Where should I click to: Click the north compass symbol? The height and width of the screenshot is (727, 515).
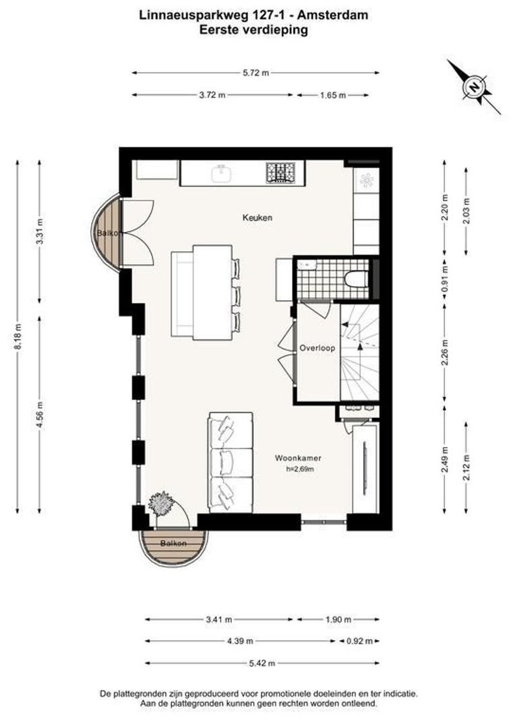coord(474,87)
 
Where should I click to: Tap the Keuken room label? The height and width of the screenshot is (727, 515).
coord(257,217)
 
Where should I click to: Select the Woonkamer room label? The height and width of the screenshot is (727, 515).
coord(298,458)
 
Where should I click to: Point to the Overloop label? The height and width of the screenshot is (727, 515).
coord(317,348)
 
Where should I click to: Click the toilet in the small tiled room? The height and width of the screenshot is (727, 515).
coord(356,279)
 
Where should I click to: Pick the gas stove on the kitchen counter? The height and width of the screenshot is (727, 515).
coord(281,172)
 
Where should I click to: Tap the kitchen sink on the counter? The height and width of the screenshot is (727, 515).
coord(222,174)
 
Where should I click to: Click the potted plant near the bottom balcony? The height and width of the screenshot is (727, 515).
coord(160,504)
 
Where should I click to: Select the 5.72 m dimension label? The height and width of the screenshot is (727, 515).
coord(256,73)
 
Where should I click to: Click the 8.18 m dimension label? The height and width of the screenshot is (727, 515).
coord(18,337)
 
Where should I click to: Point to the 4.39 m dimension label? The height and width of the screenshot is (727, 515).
coord(240,642)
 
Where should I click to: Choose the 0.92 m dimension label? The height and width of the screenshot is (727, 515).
coord(360,642)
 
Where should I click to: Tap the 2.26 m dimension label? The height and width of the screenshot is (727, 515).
coord(445,353)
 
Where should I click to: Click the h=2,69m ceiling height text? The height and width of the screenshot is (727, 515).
coord(300,469)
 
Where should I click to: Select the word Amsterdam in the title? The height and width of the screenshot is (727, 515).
coord(332,15)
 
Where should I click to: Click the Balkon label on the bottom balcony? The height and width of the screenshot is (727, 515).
coord(174,543)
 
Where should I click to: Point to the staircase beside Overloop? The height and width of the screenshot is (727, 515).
coord(360,352)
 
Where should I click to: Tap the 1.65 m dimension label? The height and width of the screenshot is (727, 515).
coord(333,95)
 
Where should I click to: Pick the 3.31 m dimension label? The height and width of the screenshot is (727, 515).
coord(40,230)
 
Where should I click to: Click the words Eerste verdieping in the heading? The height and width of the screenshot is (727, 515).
coord(253,30)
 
